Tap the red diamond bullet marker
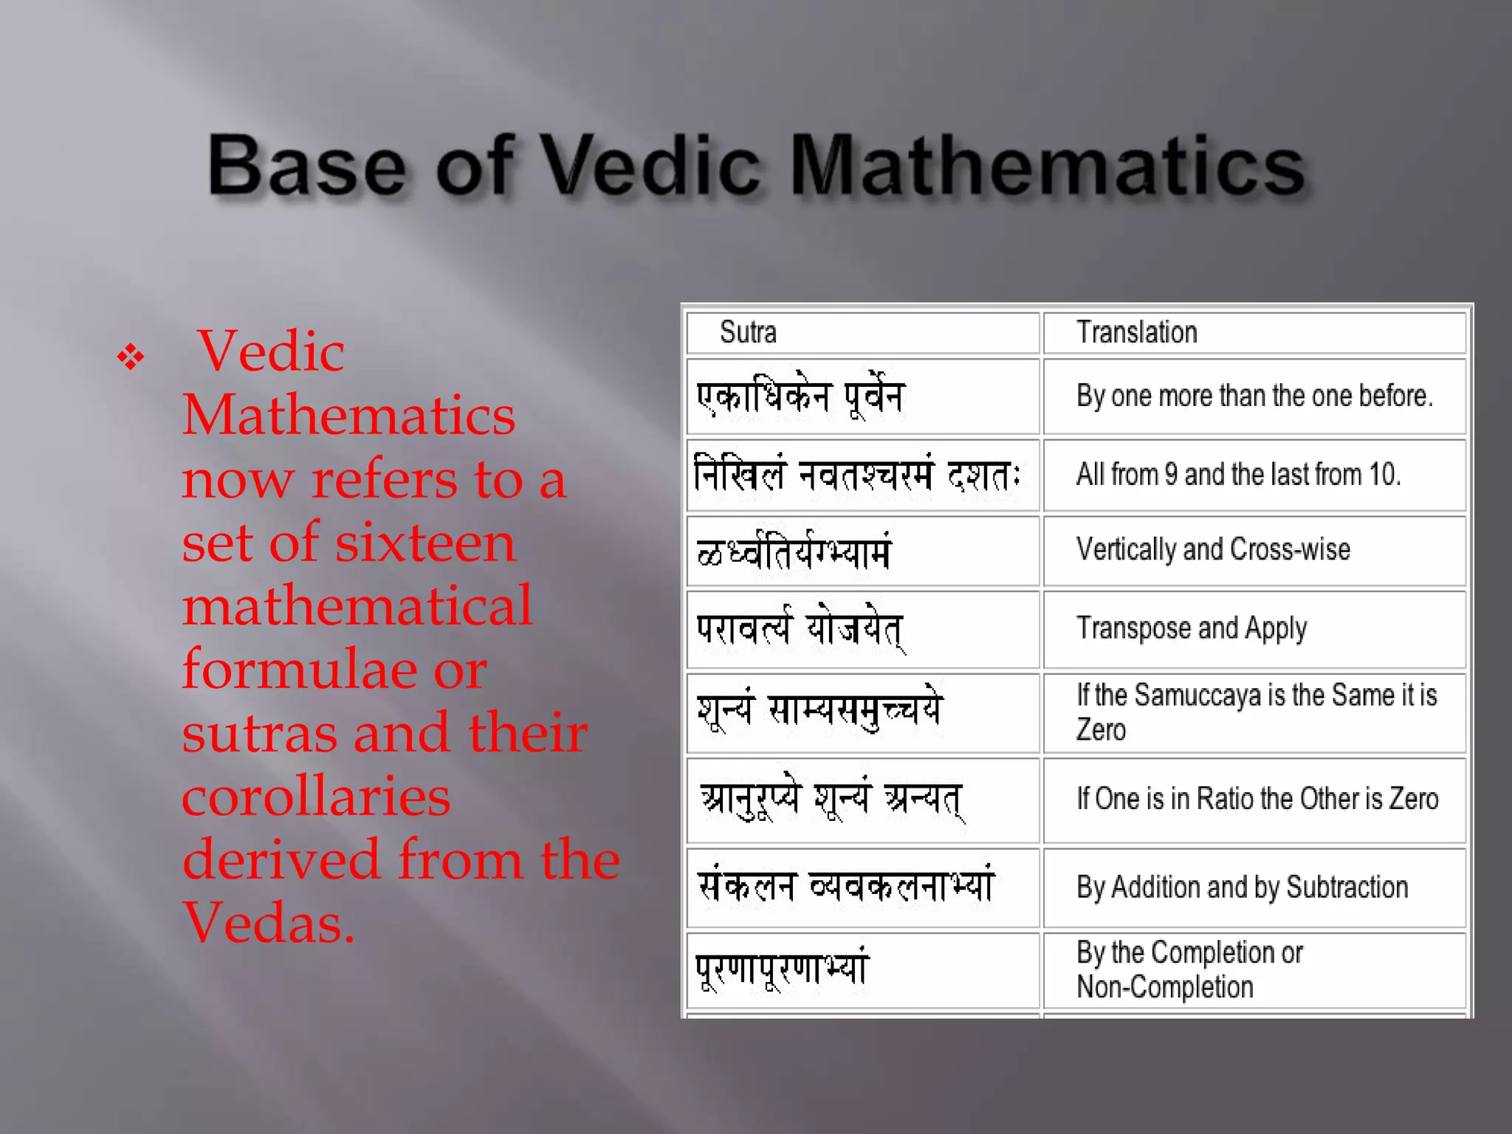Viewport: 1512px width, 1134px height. coord(131,358)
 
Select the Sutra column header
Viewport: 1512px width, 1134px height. coord(748,332)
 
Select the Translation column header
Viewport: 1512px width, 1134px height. coord(1136,332)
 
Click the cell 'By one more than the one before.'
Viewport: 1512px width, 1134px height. coord(1254,396)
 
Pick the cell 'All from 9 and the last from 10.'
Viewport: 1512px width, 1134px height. coord(1238,475)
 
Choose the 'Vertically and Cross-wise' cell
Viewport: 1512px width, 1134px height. coord(1213,550)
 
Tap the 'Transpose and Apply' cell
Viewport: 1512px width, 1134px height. coord(1192,629)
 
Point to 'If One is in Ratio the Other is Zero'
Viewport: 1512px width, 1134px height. coord(1257,799)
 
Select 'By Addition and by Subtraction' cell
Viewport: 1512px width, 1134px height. coord(1242,887)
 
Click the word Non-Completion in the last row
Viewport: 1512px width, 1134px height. coord(1165,987)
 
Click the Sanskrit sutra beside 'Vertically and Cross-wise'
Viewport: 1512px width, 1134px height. coord(794,551)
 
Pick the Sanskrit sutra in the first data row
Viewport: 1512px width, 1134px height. coord(800,397)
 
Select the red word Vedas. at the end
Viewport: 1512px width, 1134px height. coord(269,924)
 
